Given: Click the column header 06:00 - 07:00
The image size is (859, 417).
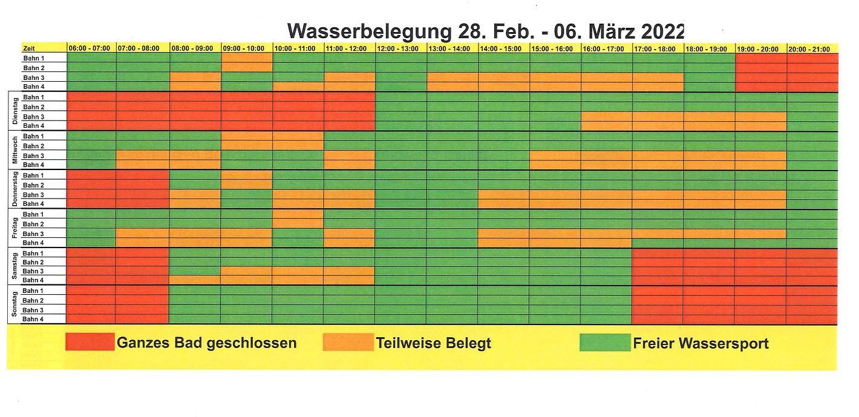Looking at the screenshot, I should [90, 48].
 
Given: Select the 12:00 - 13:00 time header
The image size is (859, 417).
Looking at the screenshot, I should [401, 48].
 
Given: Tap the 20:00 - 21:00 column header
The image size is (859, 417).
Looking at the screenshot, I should [812, 48].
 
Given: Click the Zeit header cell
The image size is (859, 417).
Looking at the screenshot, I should [29, 48].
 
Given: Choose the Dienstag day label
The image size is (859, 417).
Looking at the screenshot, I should [15, 112].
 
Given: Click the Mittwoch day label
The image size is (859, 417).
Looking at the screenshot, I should [15, 151].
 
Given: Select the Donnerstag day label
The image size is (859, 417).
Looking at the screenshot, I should [15, 189].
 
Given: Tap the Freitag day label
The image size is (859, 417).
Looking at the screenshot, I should [15, 229].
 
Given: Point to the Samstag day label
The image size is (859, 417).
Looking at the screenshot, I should [15, 267].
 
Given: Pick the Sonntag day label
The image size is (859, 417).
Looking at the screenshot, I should [15, 306].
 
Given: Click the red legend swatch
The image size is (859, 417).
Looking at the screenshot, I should [90, 343].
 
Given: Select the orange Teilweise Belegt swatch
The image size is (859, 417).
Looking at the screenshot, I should [348, 343].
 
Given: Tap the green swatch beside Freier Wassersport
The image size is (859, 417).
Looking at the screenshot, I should [605, 343].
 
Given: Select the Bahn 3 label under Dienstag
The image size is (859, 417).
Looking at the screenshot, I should [34, 117].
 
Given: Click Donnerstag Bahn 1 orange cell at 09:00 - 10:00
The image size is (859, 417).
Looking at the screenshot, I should [246, 176].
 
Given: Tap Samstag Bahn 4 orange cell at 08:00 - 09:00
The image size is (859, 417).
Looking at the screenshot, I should [194, 280].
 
